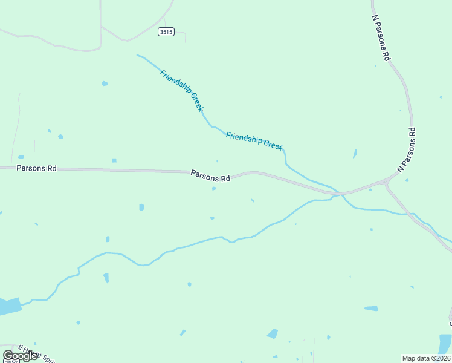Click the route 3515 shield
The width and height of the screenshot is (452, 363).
pos(166,31)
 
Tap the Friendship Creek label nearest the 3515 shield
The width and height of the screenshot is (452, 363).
pos(181,91)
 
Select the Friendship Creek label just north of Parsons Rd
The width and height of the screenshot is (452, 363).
pos(254,142)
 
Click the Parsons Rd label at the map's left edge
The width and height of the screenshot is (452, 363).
pos(36,168)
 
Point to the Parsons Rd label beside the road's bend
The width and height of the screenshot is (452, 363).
pos(210,175)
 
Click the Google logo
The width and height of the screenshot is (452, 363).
pos(21,355)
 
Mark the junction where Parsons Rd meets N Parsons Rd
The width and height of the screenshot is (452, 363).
pos(387,181)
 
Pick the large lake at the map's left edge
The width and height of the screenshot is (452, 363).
pos(8,306)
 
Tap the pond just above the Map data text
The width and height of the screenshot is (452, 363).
pos(445,343)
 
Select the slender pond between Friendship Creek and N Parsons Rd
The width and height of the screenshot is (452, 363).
pos(355,154)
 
